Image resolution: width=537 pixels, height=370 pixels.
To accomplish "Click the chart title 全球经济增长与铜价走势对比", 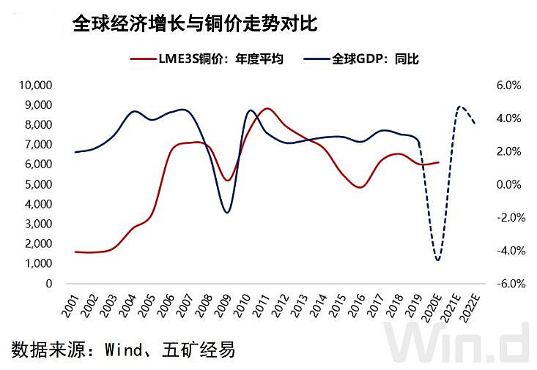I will pyautogui.click(x=194, y=23).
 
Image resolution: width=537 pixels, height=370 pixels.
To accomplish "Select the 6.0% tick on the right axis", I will pyautogui.click(x=508, y=85).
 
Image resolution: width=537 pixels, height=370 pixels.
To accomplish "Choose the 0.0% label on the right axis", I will pyautogui.click(x=508, y=184).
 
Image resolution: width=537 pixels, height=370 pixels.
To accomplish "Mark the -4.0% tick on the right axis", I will pyautogui.click(x=506, y=250).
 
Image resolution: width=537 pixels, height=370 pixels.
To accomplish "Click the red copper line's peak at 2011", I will pyautogui.click(x=267, y=109).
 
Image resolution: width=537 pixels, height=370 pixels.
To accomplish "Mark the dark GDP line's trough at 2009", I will pyautogui.click(x=227, y=212).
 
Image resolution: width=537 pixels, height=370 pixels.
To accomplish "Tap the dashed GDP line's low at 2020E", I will pyautogui.click(x=438, y=260).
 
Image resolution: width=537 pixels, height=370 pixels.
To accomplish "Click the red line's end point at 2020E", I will pyautogui.click(x=439, y=162).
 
